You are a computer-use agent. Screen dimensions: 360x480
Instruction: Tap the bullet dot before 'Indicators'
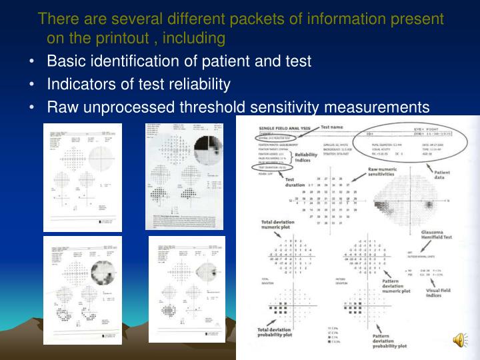click(33, 85)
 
